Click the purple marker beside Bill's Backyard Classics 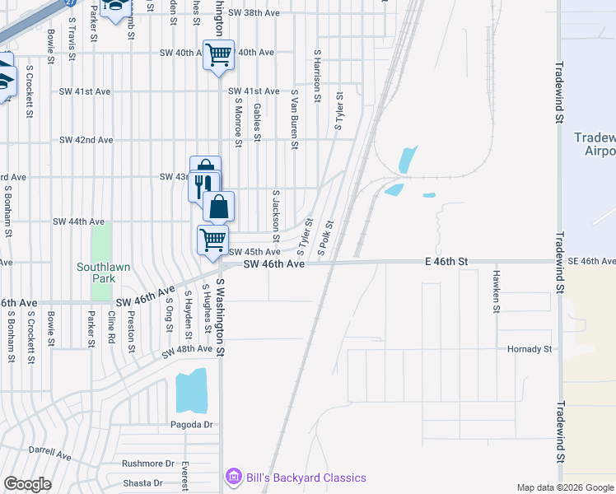233,478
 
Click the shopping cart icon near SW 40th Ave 218,55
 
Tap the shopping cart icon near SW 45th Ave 212,240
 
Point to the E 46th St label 446,261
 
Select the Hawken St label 497,291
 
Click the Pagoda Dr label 193,424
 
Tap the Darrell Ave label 50,454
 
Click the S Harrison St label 317,76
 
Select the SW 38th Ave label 254,13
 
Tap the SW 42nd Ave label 86,140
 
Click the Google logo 27,484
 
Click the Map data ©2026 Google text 564,487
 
